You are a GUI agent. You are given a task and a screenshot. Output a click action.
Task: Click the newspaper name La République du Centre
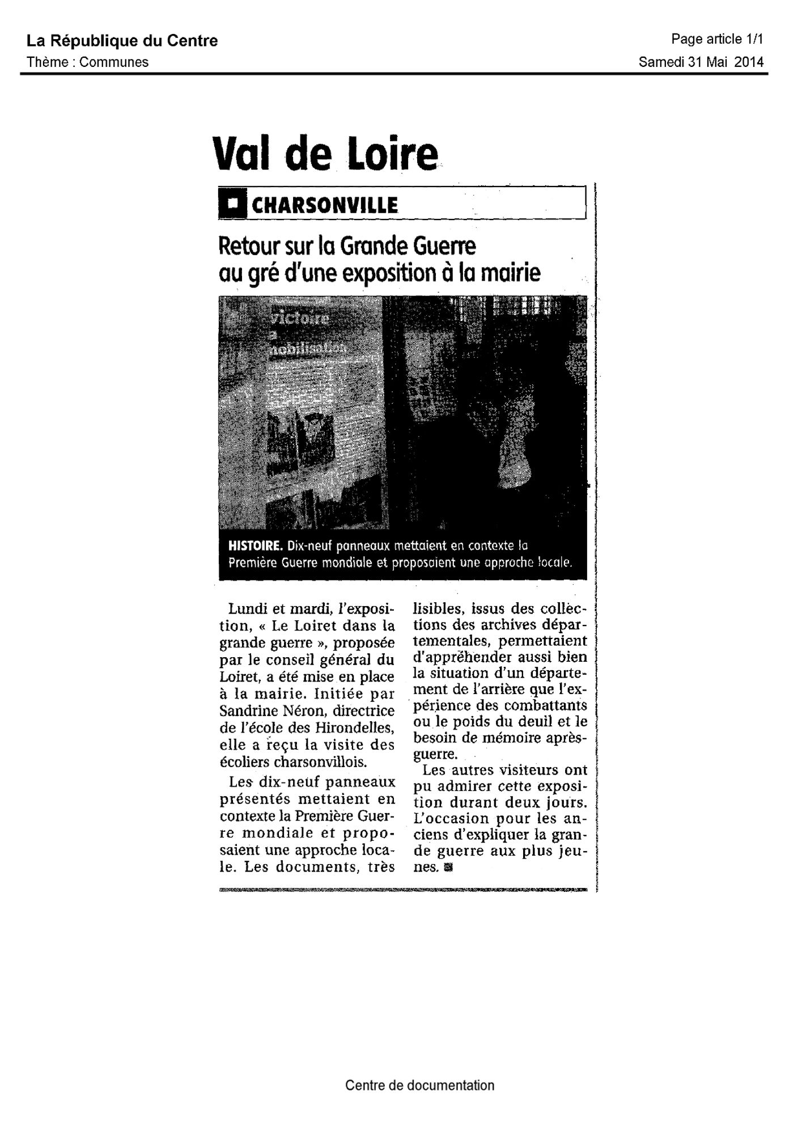(x=122, y=41)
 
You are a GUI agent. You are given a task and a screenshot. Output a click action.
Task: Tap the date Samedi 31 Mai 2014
(x=701, y=62)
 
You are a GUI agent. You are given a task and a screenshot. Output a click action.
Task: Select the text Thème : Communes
(x=87, y=62)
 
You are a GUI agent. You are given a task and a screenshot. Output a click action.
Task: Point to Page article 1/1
(x=717, y=39)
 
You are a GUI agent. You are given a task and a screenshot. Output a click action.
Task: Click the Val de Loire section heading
(x=325, y=154)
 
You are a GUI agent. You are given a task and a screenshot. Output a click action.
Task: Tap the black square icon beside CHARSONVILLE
(x=232, y=205)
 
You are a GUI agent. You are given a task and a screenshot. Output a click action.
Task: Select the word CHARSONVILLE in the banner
(x=324, y=205)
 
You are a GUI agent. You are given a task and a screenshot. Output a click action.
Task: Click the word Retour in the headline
(x=247, y=247)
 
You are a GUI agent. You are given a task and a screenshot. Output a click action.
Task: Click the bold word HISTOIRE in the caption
(x=255, y=547)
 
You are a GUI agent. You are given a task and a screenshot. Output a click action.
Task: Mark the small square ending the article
(x=449, y=867)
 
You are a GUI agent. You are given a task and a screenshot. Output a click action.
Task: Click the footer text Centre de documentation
(x=419, y=1085)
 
